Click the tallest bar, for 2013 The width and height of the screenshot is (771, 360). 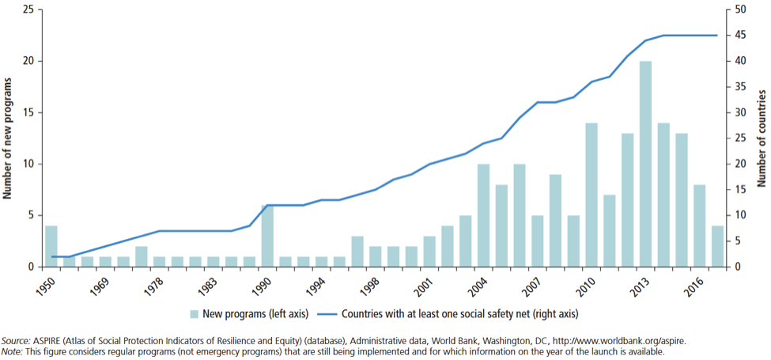[645, 164]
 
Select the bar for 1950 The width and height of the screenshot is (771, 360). [51, 246]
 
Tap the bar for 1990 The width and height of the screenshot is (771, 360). [267, 236]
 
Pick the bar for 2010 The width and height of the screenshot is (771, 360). [591, 195]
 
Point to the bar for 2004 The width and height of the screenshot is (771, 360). [483, 215]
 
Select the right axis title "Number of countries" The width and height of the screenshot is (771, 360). [762, 138]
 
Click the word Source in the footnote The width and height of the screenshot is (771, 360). [17, 340]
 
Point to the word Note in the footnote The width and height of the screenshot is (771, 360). [13, 351]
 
